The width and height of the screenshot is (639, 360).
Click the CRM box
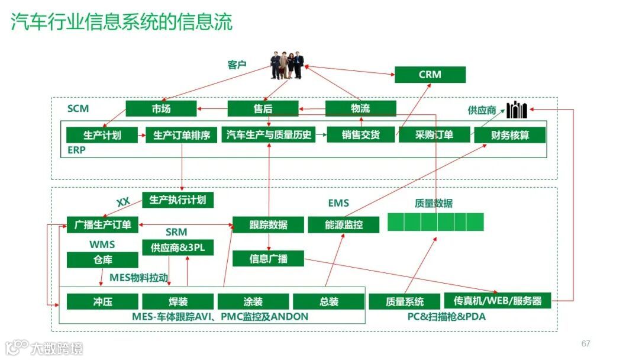coord(430,75)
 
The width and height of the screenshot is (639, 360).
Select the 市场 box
coord(160,108)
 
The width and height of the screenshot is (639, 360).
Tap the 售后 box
coord(263,108)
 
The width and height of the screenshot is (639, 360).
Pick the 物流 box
coord(360,108)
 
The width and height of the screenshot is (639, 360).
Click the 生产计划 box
coord(102,135)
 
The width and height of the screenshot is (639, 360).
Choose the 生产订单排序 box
coord(181,135)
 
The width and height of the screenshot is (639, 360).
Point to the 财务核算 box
coord(509,135)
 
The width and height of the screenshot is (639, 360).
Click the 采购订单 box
coord(434,134)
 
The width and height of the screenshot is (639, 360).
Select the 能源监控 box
coord(343,224)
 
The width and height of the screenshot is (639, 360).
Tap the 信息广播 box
coord(268,259)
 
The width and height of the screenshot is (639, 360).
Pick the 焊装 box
coord(177,301)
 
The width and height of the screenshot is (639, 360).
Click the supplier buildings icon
coord(516,110)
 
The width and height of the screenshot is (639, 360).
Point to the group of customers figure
coord(288,65)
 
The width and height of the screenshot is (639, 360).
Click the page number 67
coord(586,343)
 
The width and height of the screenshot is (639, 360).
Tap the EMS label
coord(338,203)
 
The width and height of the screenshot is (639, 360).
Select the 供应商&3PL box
coord(177,247)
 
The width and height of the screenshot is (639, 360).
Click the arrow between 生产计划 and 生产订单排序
coord(141,136)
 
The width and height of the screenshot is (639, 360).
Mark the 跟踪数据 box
coord(268,224)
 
